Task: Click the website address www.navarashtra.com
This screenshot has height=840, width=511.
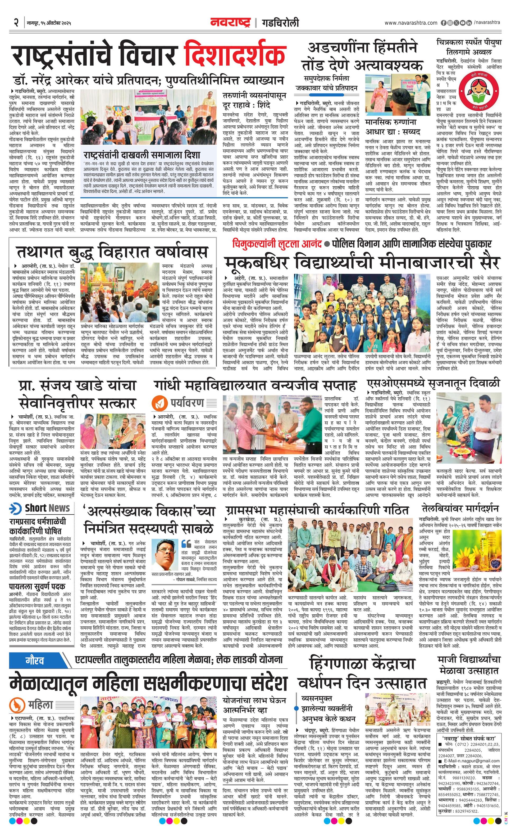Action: pyautogui.click(x=411, y=23)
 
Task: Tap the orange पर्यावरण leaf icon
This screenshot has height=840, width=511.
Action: pyautogui.click(x=158, y=402)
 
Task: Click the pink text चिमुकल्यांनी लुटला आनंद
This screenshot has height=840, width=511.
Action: pyautogui.click(x=277, y=244)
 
